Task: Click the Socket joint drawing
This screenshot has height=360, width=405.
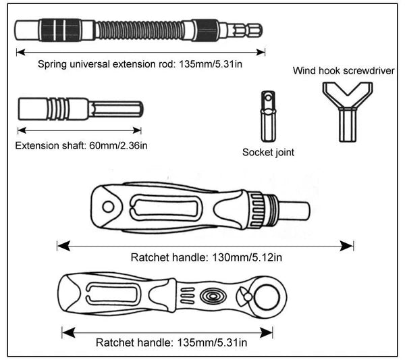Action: coord(266,117)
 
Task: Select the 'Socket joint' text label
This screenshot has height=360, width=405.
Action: coord(268,153)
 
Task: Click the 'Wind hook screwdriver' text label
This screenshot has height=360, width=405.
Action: coord(344,70)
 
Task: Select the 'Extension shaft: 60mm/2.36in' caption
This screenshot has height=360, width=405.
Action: coord(82,145)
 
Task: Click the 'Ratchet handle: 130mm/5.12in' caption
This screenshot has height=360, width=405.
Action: coord(206,257)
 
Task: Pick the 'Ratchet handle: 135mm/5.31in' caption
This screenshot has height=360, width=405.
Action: coord(171,342)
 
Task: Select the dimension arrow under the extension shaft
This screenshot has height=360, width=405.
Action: coord(80,130)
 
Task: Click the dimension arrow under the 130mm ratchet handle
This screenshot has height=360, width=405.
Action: coord(205,245)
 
